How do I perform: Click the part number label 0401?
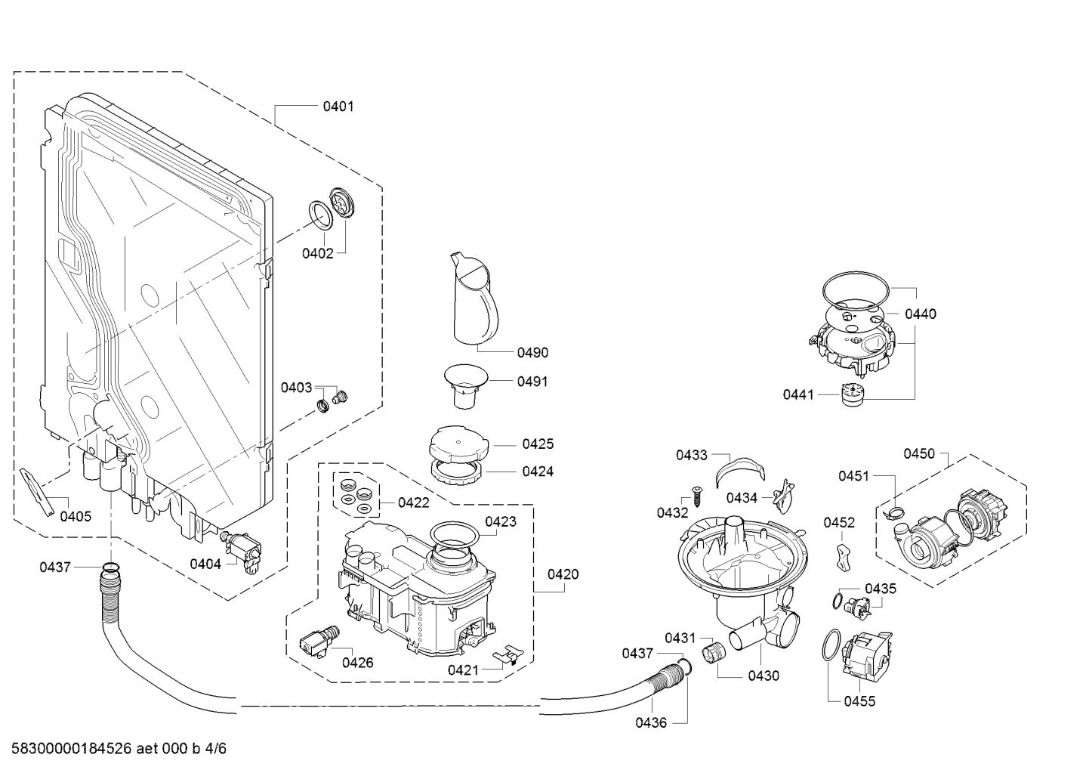point(338,107)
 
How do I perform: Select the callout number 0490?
point(532,352)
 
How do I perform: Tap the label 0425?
point(538,444)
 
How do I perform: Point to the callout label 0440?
point(920,314)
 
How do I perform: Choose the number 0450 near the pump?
point(919,453)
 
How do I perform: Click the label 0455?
point(859,701)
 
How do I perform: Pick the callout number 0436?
point(650,722)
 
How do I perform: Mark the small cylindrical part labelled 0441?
point(853,394)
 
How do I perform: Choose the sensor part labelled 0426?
point(317,642)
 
